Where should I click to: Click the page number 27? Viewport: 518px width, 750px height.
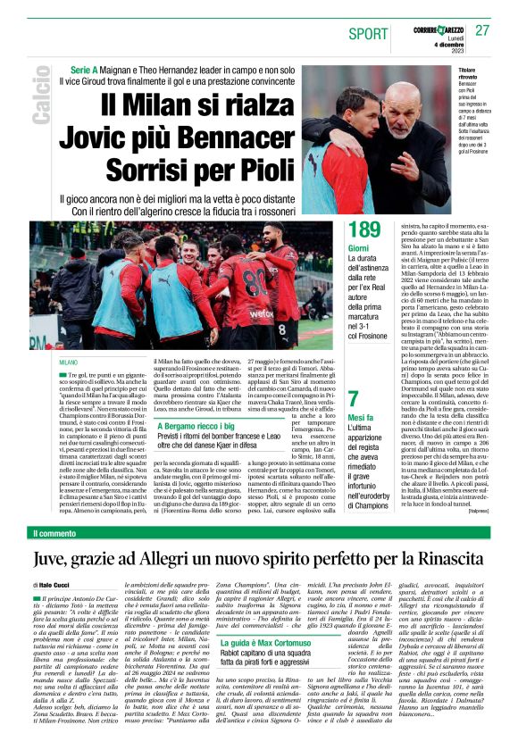click(482, 30)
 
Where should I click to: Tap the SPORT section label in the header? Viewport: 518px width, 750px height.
click(369, 33)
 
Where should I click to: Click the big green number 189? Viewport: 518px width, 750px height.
click(364, 231)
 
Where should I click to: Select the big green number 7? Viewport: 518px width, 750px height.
click(354, 399)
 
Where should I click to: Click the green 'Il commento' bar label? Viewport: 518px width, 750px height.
click(55, 533)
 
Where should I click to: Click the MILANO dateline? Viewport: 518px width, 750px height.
click(68, 362)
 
